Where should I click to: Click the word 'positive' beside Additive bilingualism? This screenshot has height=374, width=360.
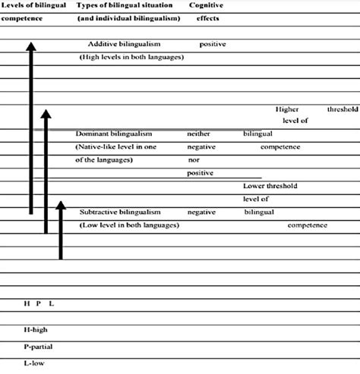[213, 44]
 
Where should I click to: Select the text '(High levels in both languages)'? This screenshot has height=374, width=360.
[131, 57]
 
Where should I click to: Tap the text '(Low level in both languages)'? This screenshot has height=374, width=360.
[129, 225]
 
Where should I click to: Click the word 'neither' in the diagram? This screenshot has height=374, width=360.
[198, 133]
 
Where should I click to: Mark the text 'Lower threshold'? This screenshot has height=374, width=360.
[270, 186]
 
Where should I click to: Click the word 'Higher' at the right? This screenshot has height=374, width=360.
[288, 108]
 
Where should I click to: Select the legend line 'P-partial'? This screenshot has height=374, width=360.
[39, 345]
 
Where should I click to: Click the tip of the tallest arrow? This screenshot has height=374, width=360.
[30, 43]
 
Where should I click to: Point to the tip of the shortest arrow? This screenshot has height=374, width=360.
[60, 203]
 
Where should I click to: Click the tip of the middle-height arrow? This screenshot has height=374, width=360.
[46, 111]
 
